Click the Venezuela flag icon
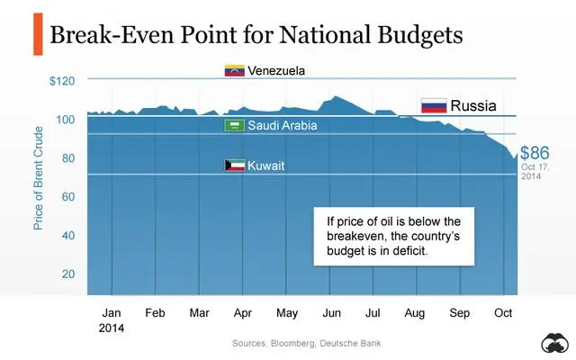pos(234,70)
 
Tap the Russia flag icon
pos(435,106)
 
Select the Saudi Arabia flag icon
pos(234,126)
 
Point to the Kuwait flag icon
pos(234,166)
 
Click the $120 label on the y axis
pos(62,81)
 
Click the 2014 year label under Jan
pos(112,328)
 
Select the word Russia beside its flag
pos(473,106)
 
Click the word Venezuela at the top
pos(279,70)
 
